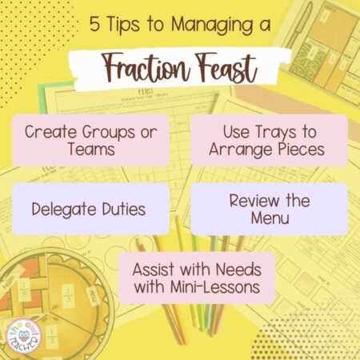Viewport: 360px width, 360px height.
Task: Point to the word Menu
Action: click(x=270, y=218)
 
